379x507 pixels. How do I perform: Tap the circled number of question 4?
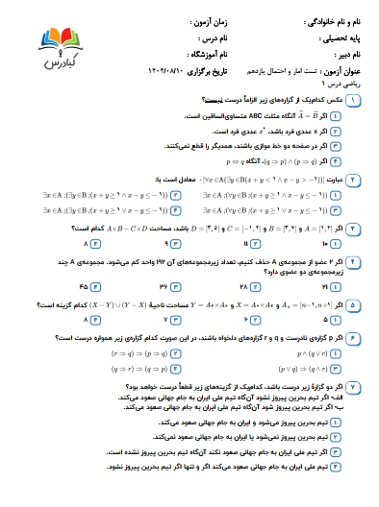(x=366, y=262)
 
